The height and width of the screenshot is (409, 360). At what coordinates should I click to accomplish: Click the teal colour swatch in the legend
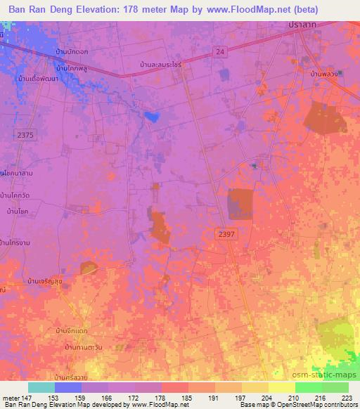[42, 387]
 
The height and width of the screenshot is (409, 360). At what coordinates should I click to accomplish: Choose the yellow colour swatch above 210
[282, 387]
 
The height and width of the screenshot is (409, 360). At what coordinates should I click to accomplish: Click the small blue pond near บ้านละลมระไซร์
[150, 114]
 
